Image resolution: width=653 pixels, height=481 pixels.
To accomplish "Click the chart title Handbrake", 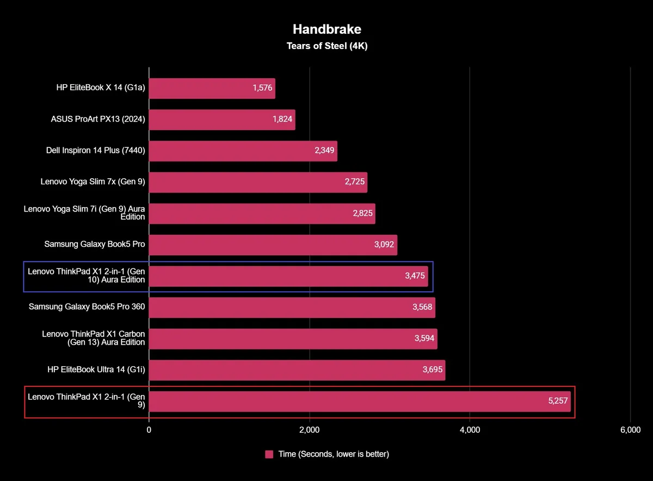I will tap(326, 29).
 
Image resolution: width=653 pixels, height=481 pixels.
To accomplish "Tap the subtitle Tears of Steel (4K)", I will tap(326, 46).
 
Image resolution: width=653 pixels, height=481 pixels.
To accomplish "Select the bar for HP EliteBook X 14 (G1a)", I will tap(212, 89).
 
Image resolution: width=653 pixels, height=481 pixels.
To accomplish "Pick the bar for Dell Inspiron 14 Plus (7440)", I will tap(243, 151).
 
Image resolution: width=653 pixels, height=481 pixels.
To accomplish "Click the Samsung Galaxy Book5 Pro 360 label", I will tap(87, 307).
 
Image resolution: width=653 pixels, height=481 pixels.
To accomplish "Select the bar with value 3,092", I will tap(273, 245).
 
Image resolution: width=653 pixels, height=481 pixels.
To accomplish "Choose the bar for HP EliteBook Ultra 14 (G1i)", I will tap(297, 370).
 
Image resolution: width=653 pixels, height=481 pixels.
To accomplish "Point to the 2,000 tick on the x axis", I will tap(309, 430).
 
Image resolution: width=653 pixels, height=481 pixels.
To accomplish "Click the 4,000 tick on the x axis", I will tap(470, 430).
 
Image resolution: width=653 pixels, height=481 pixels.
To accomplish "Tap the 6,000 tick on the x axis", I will tap(630, 430).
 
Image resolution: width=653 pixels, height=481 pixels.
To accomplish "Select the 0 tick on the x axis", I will tap(149, 430).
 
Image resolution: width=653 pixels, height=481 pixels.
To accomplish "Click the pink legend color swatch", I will tap(269, 454).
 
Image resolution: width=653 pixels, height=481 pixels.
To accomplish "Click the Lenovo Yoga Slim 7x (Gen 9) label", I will tap(93, 182).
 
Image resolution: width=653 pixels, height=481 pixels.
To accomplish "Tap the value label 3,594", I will tap(424, 339).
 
